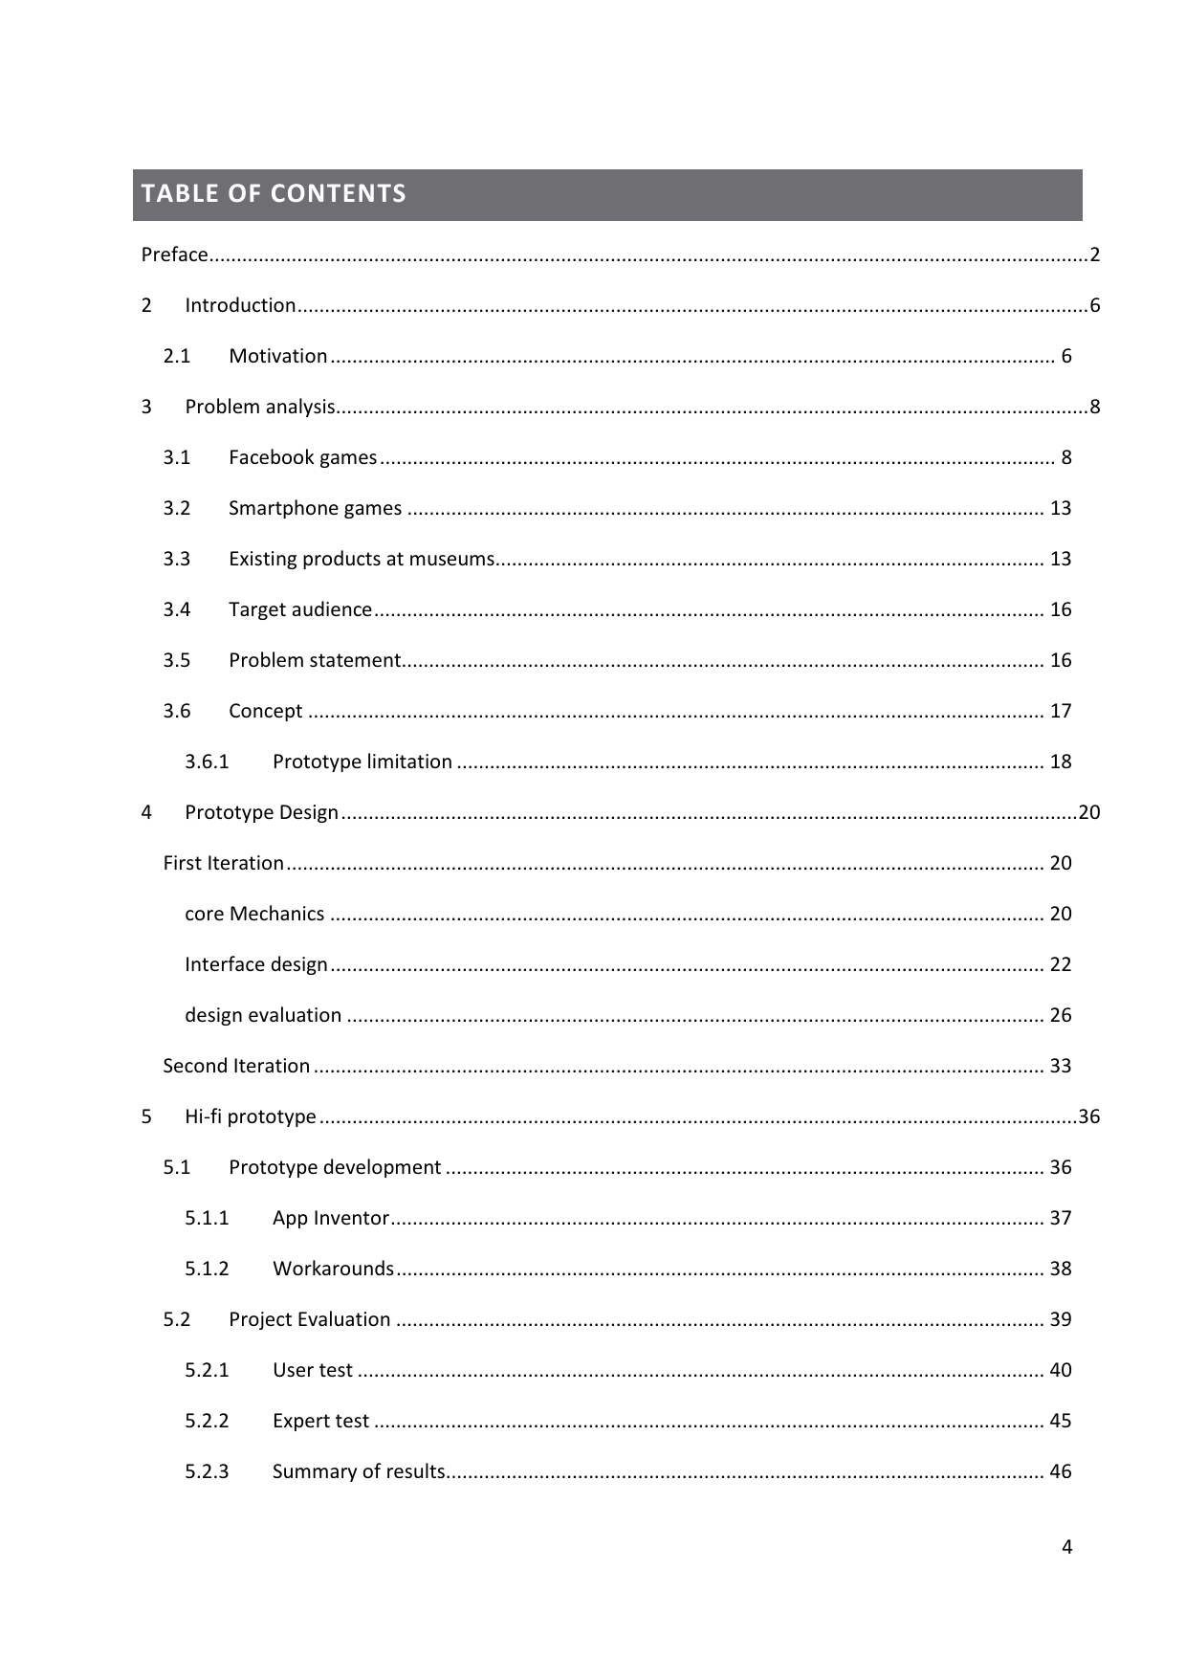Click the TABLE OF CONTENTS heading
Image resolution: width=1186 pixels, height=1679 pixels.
coord(274,194)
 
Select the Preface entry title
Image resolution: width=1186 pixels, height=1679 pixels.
coord(174,254)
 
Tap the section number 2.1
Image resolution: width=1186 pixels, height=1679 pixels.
coord(177,356)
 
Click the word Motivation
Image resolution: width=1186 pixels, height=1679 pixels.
coord(277,356)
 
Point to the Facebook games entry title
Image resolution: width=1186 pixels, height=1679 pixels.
coord(302,457)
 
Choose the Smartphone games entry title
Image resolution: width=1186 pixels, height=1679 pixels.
coord(315,508)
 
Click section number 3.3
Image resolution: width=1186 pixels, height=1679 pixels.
coord(177,559)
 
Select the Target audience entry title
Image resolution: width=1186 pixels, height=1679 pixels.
coord(300,609)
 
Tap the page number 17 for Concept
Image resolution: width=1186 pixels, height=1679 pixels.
coord(1061,711)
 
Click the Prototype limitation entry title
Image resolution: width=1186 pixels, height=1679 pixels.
coord(362,762)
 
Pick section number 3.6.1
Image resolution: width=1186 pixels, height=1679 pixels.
coord(207,762)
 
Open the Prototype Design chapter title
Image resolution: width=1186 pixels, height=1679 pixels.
coord(261,812)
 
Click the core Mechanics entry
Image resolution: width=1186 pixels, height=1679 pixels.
coord(254,914)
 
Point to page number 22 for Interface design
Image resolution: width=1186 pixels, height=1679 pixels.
coord(1061,964)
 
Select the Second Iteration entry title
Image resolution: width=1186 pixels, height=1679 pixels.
coord(236,1066)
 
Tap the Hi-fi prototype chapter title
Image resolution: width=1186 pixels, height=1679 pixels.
coord(250,1116)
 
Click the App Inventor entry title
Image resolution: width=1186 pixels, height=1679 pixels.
coord(330,1218)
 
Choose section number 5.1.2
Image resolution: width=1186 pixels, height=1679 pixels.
coord(207,1269)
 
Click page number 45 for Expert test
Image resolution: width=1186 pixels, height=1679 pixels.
coord(1061,1421)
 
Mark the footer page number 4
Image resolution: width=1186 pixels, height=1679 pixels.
coord(1066,1547)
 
